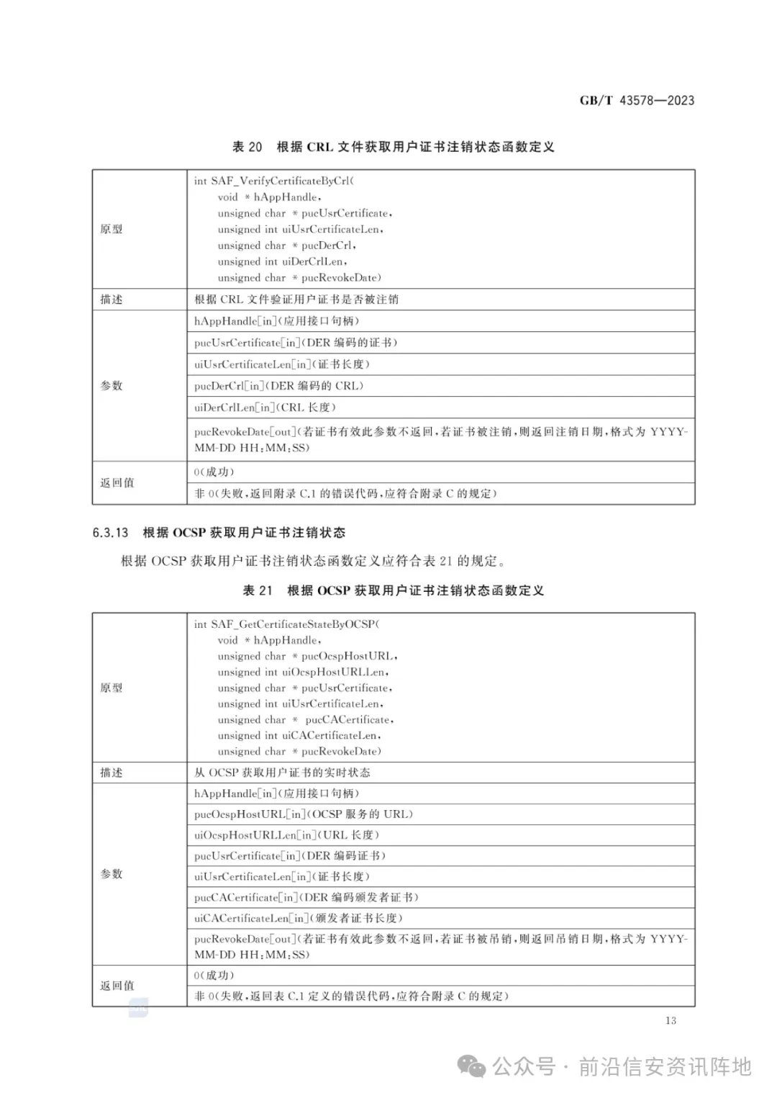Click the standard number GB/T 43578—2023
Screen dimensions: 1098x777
tap(637, 101)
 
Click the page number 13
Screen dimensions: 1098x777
tap(671, 1020)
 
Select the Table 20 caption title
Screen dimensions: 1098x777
tap(393, 147)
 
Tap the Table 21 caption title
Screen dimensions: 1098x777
tap(393, 590)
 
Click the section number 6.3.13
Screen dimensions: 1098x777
tap(110, 533)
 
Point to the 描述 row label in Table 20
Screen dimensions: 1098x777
tap(112, 300)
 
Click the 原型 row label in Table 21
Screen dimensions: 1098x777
tap(112, 688)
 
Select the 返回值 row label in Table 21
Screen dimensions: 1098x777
tap(117, 986)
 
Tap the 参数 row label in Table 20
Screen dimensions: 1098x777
tap(112, 386)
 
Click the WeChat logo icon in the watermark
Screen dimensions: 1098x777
tap(473, 1066)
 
